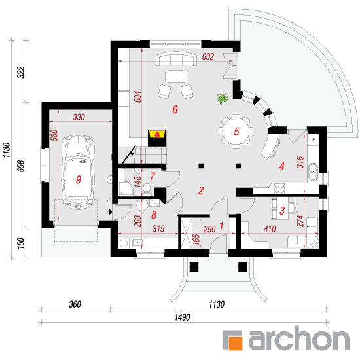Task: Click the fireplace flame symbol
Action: click(x=157, y=135)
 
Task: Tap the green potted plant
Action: click(x=222, y=98)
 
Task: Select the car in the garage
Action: click(x=78, y=172)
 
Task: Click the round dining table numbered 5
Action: click(x=236, y=131)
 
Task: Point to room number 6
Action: click(x=175, y=109)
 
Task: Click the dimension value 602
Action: click(x=208, y=56)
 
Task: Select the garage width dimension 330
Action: click(x=79, y=117)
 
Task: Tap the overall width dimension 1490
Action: click(x=183, y=317)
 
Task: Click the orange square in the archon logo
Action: click(x=236, y=344)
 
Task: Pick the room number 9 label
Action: click(x=79, y=179)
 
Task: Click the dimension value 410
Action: click(x=270, y=229)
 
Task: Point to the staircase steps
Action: click(x=151, y=155)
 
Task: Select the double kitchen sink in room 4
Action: click(x=313, y=171)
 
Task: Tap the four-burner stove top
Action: click(x=279, y=189)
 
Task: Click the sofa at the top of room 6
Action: click(x=176, y=59)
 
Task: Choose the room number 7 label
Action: click(x=153, y=177)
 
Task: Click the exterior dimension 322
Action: click(x=21, y=72)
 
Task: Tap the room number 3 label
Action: click(x=282, y=211)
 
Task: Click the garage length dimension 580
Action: click(x=54, y=135)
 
